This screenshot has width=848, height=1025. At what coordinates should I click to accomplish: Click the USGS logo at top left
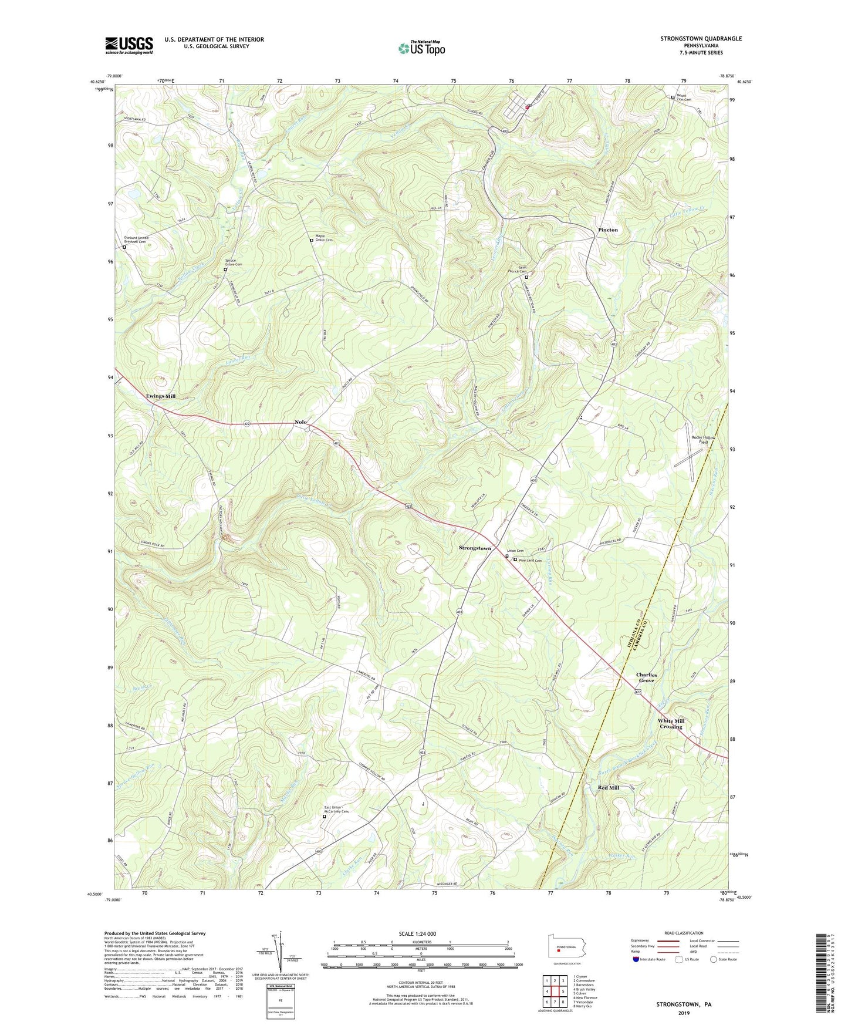pos(129,45)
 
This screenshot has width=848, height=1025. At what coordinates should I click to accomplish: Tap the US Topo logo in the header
pos(421,48)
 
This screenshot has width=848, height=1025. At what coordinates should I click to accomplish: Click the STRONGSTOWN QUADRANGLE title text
pos(701,39)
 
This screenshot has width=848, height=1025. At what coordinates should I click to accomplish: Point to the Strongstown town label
pos(475,548)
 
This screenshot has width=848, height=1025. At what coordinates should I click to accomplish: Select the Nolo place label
pos(300,422)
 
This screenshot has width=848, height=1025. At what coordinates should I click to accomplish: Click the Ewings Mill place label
pos(161,396)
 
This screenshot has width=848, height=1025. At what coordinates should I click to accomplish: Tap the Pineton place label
pos(607,230)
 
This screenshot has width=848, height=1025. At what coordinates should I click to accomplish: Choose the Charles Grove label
pos(646,677)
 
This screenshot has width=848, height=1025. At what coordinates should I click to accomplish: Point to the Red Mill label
pos(609,787)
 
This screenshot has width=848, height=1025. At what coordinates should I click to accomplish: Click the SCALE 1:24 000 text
pos(417,933)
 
